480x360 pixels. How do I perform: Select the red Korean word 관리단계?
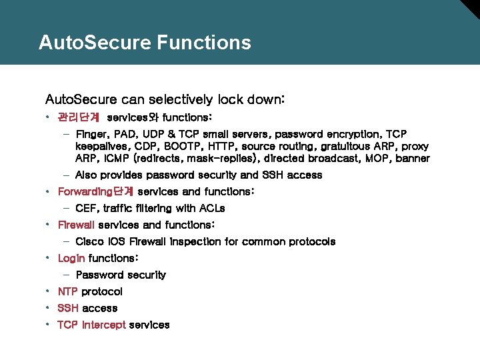78,117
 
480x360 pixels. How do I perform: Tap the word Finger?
92,134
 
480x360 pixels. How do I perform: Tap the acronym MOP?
377,159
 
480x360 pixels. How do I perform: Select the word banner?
413,159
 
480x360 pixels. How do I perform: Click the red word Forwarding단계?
95,191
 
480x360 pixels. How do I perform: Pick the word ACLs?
210,208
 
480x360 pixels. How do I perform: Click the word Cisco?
90,241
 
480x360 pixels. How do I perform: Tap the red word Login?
71,258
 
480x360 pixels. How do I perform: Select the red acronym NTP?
68,291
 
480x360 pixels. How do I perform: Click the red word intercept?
103,325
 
